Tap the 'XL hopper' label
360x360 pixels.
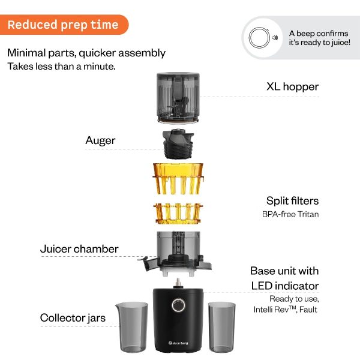pos(292,86)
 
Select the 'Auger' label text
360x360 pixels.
pos(100,140)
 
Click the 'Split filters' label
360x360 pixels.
pos(292,200)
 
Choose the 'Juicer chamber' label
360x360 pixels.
pos(79,248)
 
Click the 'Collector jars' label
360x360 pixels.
pos(73,317)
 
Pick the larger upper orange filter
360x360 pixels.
pos(179,178)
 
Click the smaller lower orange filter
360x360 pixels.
pos(179,214)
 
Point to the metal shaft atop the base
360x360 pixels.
pos(178,282)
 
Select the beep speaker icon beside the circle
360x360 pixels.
pos(275,38)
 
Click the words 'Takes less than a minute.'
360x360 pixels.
pos(61,66)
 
